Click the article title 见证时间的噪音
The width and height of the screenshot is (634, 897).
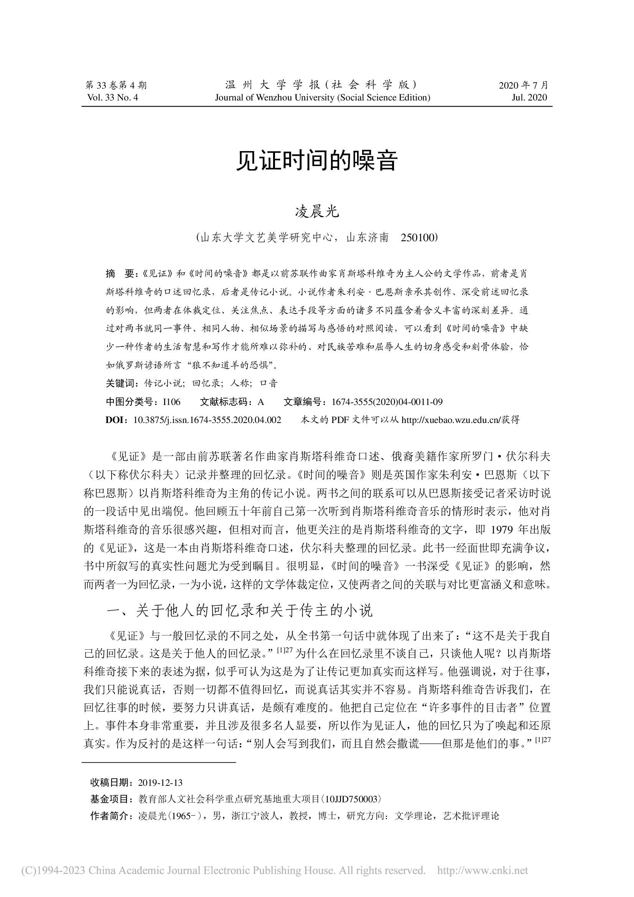pos(316,161)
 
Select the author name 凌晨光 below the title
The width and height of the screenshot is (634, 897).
pos(316,212)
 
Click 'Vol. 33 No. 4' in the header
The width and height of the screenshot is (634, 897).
pos(113,98)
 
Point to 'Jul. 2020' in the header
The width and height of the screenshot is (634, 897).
pos(529,98)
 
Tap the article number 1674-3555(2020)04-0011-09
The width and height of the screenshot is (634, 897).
pos(387,402)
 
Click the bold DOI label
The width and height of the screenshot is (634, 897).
pos(115,420)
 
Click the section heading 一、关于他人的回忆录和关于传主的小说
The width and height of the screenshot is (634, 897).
pos(239,611)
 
